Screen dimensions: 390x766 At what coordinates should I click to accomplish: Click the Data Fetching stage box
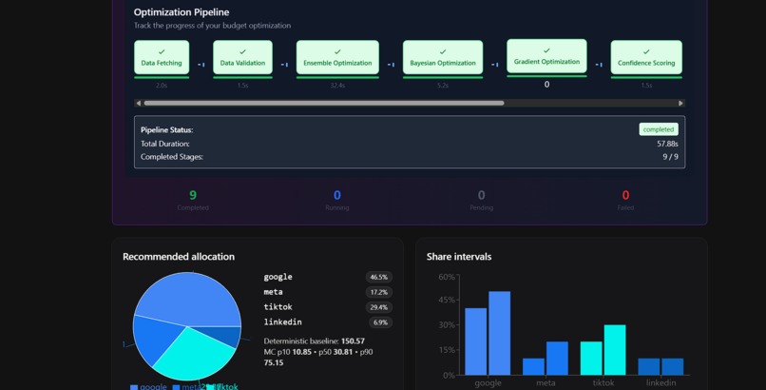[x=162, y=58]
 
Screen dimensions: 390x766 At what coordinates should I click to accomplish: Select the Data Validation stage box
[x=242, y=58]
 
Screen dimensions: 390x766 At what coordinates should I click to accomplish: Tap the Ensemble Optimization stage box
[x=337, y=58]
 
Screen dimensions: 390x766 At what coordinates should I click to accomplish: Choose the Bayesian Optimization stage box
[x=443, y=58]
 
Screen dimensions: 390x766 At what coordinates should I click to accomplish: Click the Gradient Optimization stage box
[x=546, y=57]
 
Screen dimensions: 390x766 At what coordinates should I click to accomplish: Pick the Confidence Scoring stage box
[x=646, y=58]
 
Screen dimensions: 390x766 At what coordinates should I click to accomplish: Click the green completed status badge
[x=658, y=129]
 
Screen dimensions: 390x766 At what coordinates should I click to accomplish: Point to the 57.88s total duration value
[x=667, y=144]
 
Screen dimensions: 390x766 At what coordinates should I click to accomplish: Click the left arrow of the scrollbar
[x=139, y=103]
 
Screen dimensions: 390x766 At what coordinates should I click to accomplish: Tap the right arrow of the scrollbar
[x=680, y=103]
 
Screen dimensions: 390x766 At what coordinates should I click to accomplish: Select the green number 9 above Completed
[x=193, y=195]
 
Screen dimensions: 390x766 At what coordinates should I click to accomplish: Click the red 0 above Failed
[x=625, y=195]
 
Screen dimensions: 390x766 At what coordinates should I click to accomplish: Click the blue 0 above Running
[x=337, y=195]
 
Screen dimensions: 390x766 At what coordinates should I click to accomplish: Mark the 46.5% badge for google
[x=379, y=277]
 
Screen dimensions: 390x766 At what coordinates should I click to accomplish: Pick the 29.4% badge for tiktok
[x=379, y=307]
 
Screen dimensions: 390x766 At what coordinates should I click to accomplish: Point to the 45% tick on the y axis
[x=446, y=301]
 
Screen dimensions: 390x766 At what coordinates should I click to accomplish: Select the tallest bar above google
[x=499, y=333]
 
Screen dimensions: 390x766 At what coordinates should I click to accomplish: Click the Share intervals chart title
[x=459, y=257]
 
